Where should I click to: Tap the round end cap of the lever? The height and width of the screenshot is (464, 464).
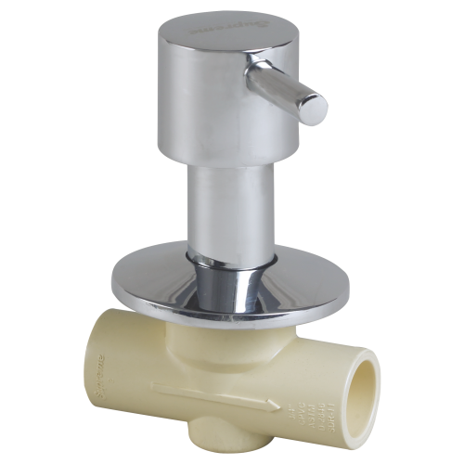pos(317,107)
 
